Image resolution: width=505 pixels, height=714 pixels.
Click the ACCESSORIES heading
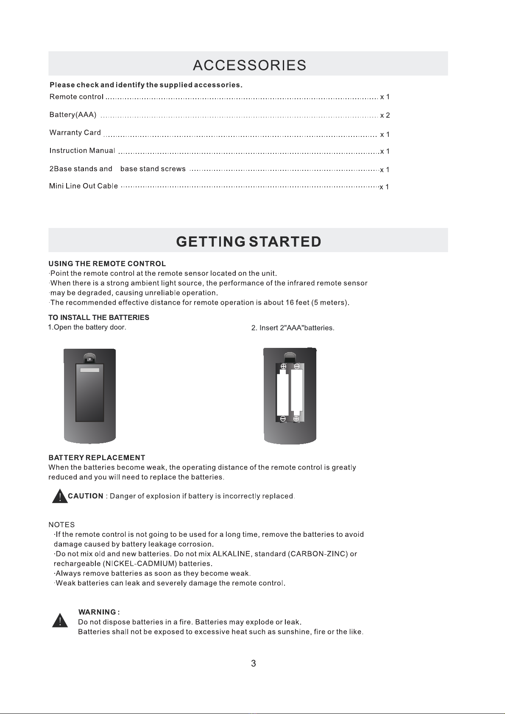249,65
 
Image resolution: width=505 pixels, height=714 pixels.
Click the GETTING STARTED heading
248,242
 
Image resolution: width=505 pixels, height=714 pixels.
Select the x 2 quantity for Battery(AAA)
385,115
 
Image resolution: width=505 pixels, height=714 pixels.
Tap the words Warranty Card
75,133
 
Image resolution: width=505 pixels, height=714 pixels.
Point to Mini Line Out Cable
84,186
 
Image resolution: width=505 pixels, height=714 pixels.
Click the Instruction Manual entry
82,151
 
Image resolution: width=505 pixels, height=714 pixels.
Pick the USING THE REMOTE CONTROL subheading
107,264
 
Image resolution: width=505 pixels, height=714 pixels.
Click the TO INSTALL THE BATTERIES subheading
99,317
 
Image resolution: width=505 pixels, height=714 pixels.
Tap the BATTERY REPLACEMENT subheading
97,458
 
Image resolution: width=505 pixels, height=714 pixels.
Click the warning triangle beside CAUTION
60,496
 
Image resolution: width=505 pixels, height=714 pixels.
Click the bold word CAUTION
86,496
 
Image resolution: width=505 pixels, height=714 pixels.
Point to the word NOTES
61,525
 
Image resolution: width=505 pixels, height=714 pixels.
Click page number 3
254,664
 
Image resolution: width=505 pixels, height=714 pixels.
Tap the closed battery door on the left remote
90,392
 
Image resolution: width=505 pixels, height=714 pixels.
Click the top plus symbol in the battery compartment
283,367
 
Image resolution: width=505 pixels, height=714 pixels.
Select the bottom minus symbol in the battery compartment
283,419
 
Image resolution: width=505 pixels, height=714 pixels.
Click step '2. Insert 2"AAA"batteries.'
293,328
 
